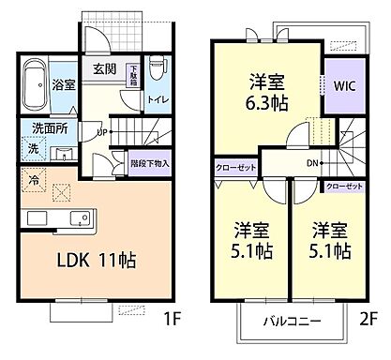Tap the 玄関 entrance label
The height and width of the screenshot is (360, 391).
click(x=104, y=67)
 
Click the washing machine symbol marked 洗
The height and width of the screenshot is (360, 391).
click(x=31, y=148)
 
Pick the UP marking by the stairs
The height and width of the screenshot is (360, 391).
click(x=102, y=132)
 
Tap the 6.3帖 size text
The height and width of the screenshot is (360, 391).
click(x=266, y=104)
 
